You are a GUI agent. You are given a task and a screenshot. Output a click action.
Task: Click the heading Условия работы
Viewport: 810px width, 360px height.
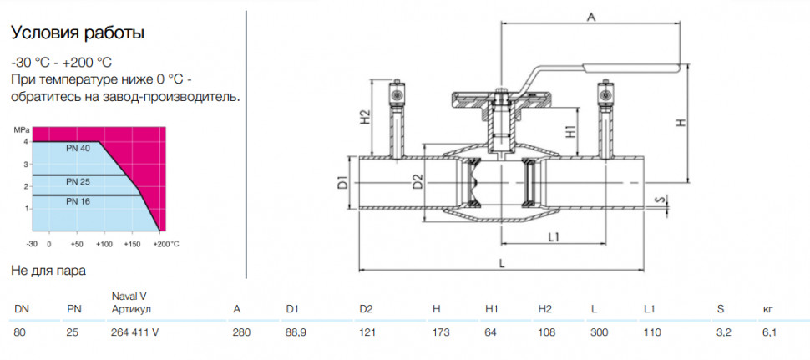click(78, 33)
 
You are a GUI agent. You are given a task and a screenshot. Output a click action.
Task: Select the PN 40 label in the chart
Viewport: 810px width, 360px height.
click(78, 148)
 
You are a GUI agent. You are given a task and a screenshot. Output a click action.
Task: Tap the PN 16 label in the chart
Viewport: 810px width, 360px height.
click(78, 201)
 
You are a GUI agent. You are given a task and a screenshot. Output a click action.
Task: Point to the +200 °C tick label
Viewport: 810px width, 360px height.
click(166, 243)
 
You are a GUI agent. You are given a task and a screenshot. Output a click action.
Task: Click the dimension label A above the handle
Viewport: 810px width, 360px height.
click(592, 17)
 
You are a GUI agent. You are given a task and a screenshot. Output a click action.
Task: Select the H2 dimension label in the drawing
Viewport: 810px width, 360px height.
click(365, 117)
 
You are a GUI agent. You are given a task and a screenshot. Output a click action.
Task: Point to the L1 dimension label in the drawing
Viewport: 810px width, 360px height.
click(554, 237)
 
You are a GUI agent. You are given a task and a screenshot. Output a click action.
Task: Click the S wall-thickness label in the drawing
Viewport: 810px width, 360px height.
click(657, 200)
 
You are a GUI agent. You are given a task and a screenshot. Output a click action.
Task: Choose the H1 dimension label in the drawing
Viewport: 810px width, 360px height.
click(571, 131)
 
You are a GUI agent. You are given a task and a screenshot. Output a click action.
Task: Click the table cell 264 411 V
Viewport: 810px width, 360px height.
click(134, 332)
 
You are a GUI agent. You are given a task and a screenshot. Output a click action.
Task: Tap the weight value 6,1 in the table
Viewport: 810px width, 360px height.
click(769, 332)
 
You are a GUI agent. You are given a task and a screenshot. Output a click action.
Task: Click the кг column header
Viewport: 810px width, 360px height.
click(767, 309)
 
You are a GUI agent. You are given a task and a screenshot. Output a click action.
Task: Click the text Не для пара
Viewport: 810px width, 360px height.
click(48, 271)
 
